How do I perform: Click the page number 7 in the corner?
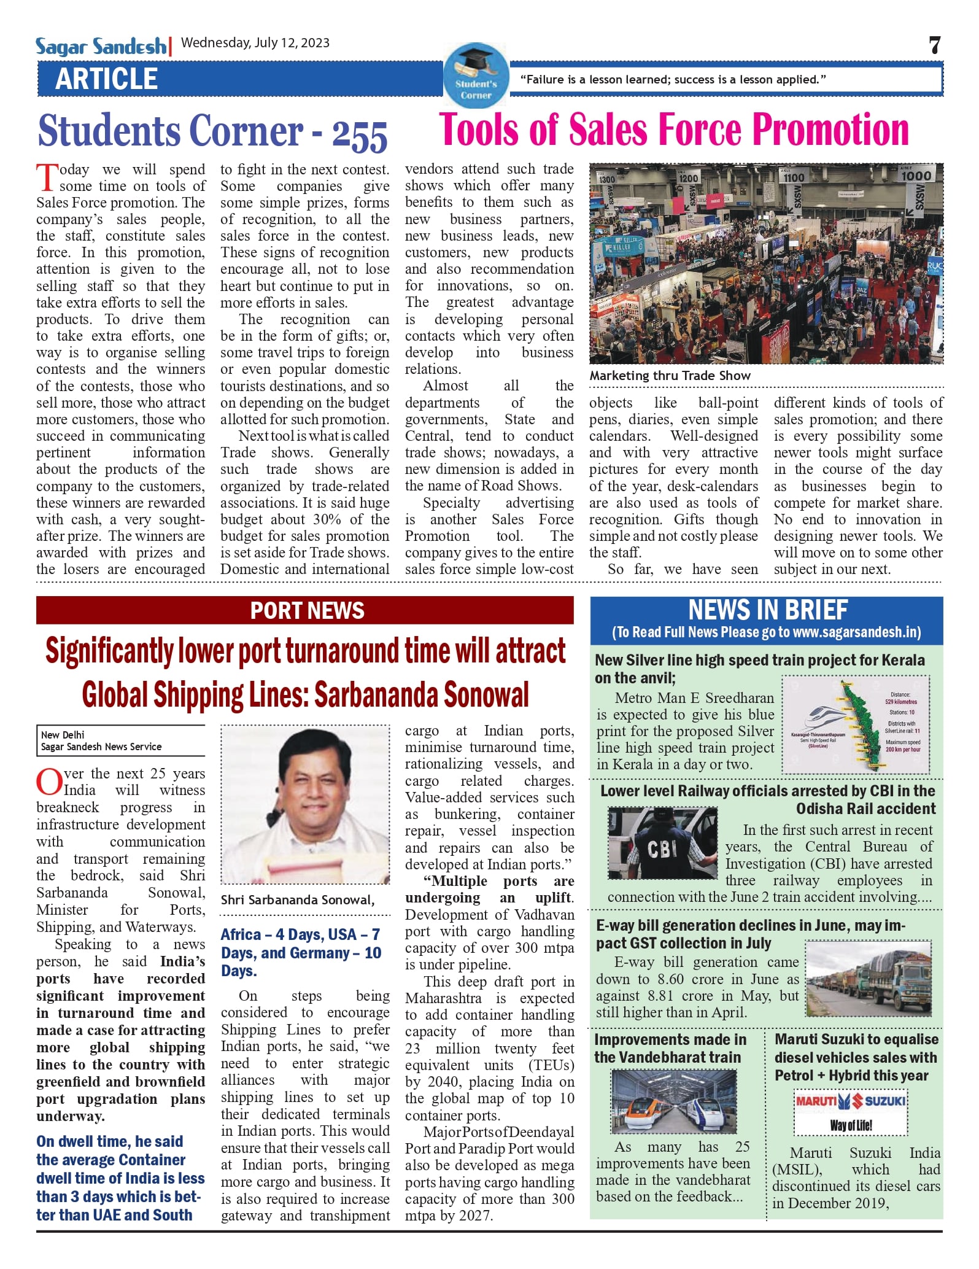[934, 45]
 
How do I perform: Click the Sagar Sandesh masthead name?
[101, 47]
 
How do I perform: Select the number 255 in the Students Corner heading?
[360, 134]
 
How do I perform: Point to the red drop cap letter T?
[47, 178]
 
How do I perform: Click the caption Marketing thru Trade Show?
[670, 376]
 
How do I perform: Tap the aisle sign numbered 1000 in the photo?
[916, 176]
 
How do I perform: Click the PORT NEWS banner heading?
[307, 610]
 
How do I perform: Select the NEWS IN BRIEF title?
[767, 610]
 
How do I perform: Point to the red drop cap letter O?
[48, 782]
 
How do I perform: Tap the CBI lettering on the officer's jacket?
[662, 849]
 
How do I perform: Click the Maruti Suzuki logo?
[851, 1101]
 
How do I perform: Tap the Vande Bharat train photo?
[673, 1101]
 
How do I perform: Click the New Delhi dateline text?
[63, 735]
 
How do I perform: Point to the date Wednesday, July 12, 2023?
[255, 43]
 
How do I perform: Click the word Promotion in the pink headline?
[830, 130]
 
